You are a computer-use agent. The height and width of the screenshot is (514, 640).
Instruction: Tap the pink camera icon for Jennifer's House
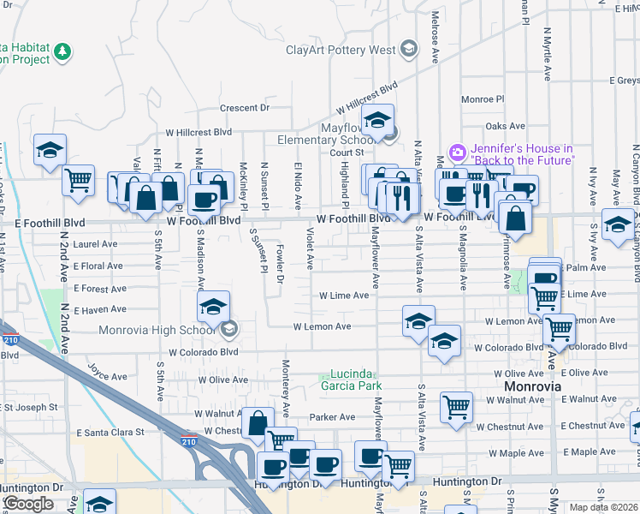pos(457,152)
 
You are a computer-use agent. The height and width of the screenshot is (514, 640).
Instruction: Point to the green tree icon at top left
pos(62,53)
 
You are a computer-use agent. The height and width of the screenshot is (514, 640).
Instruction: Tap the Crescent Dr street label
pos(244,108)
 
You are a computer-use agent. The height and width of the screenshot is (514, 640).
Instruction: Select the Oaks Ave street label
pos(504,126)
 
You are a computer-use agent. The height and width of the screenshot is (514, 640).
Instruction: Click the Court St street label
pos(347,152)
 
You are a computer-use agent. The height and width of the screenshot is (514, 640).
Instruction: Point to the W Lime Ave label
pos(344,296)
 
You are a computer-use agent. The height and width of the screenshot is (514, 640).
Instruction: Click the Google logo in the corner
pos(28,504)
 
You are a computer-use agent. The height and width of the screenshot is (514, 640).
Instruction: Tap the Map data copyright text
pos(603,507)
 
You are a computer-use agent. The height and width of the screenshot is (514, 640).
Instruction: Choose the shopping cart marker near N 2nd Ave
pos(78,181)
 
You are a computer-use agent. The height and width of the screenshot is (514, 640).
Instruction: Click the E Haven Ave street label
pos(100,310)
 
